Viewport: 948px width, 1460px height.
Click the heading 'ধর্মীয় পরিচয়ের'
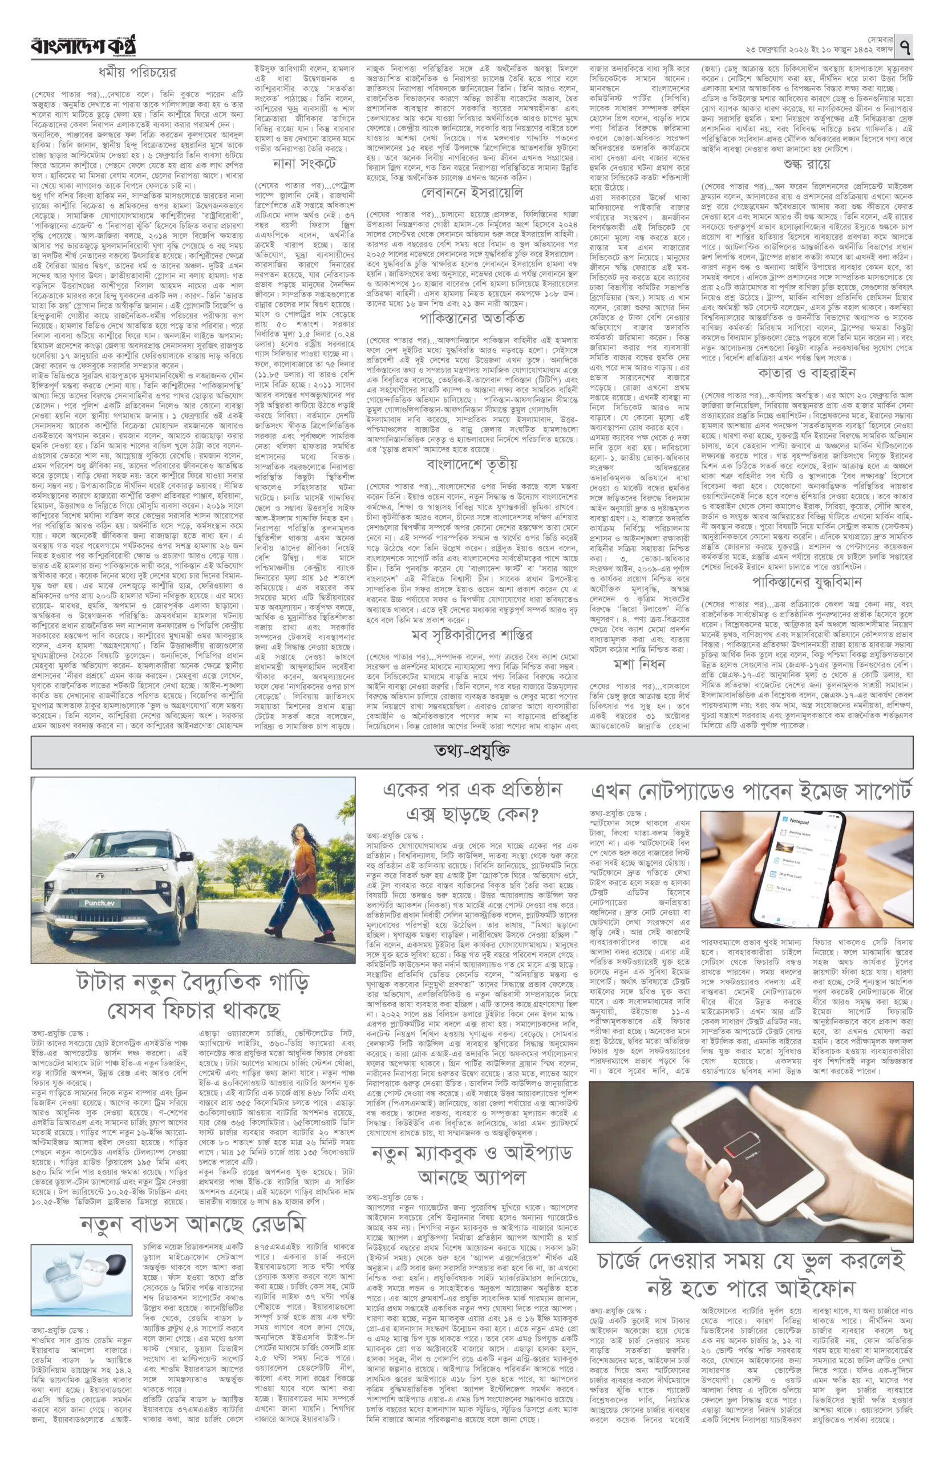pyautogui.click(x=137, y=72)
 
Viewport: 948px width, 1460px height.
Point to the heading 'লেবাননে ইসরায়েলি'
pyautogui.click(x=471, y=193)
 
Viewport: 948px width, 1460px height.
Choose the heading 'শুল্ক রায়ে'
pyautogui.click(x=807, y=164)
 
